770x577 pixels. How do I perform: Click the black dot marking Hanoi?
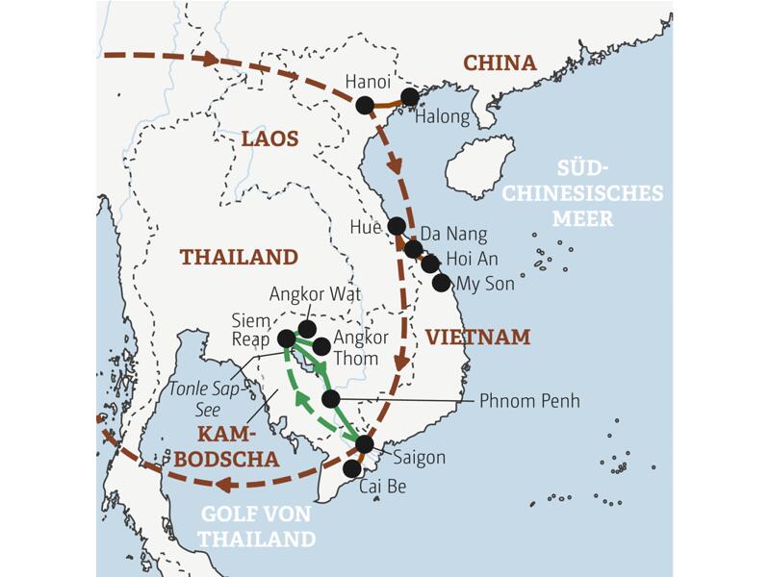point(364,105)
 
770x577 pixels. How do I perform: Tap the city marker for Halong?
point(410,97)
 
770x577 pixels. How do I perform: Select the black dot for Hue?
point(397,226)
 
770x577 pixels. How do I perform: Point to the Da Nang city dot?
point(414,249)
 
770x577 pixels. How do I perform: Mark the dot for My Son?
point(441,282)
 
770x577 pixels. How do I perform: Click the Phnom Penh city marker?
point(330,398)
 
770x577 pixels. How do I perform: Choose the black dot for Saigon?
point(364,443)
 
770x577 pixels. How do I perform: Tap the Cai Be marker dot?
point(352,467)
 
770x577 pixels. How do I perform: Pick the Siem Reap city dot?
point(286,339)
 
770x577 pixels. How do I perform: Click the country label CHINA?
point(500,63)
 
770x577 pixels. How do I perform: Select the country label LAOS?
point(269,139)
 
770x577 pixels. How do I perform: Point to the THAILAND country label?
point(239,257)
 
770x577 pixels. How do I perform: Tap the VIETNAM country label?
point(478,337)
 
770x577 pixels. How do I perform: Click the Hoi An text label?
point(472,259)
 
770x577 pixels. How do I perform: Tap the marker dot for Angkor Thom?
point(321,346)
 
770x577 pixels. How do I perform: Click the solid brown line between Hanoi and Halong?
point(388,103)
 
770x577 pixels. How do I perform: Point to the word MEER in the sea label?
point(582,218)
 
